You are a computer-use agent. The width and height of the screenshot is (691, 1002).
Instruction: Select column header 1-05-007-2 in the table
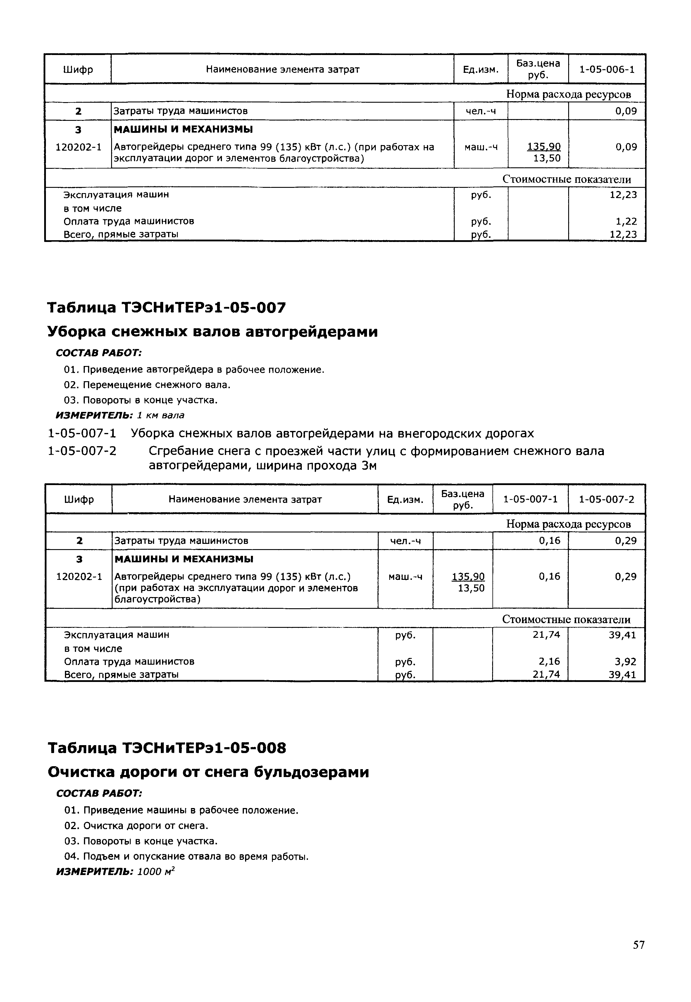(606, 499)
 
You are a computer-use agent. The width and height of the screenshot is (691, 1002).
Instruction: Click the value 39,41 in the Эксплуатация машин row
(622, 635)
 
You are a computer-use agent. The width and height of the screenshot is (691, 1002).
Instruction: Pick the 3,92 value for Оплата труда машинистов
(625, 661)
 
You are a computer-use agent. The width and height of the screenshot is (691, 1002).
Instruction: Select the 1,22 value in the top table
(626, 221)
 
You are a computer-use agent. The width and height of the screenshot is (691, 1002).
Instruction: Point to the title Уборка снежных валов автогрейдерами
(212, 332)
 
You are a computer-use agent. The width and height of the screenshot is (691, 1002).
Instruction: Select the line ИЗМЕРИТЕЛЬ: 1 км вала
(120, 415)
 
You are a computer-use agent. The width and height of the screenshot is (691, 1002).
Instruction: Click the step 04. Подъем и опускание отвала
(186, 857)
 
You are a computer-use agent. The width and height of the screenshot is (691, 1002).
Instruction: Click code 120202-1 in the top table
(78, 147)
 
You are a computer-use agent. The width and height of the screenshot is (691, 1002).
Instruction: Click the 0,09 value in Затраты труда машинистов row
(626, 111)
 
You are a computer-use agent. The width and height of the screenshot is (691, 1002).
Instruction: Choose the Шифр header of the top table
(78, 69)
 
